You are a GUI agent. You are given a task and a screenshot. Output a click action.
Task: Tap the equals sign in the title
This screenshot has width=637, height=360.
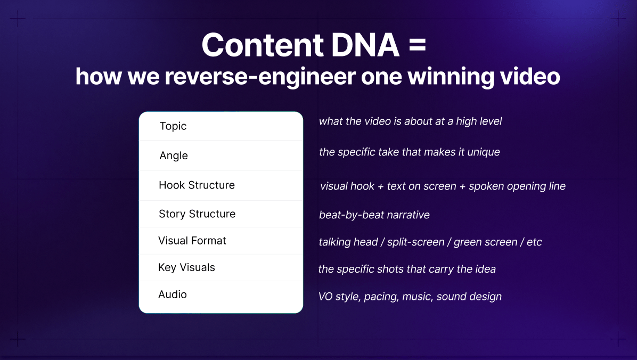[418, 46]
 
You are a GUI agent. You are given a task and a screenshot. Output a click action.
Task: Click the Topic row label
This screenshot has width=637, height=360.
[173, 126]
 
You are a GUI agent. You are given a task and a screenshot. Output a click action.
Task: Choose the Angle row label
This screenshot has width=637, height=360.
[174, 156]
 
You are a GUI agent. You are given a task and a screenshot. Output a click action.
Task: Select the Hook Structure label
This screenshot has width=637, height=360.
[197, 185]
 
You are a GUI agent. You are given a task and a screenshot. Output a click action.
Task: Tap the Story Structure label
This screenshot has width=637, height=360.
[197, 214]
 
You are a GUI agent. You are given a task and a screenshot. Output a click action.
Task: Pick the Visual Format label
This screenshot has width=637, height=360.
[192, 241]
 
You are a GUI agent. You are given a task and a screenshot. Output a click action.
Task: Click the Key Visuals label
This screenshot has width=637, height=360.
[186, 267]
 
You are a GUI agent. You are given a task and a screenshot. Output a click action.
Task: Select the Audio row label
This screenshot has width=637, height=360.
[173, 294]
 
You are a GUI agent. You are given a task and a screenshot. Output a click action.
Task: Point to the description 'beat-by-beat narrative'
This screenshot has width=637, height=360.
[374, 215]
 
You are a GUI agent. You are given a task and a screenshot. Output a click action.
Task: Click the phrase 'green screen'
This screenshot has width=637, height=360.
[485, 242]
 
